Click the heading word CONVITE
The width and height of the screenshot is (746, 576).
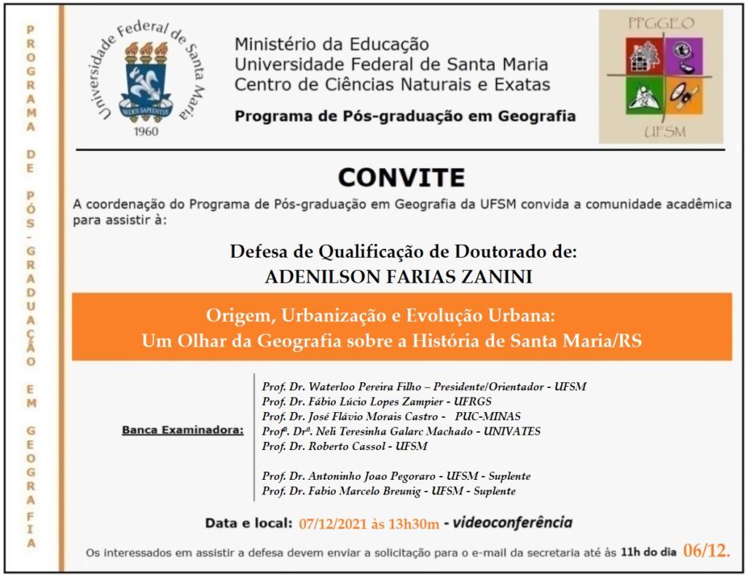point(401,177)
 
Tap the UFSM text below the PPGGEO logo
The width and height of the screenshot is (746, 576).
point(661,133)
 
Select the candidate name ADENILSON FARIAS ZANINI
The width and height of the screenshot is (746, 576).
point(403,275)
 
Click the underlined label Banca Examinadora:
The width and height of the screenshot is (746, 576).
point(182,431)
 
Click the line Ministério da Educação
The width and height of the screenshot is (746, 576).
point(331,45)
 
